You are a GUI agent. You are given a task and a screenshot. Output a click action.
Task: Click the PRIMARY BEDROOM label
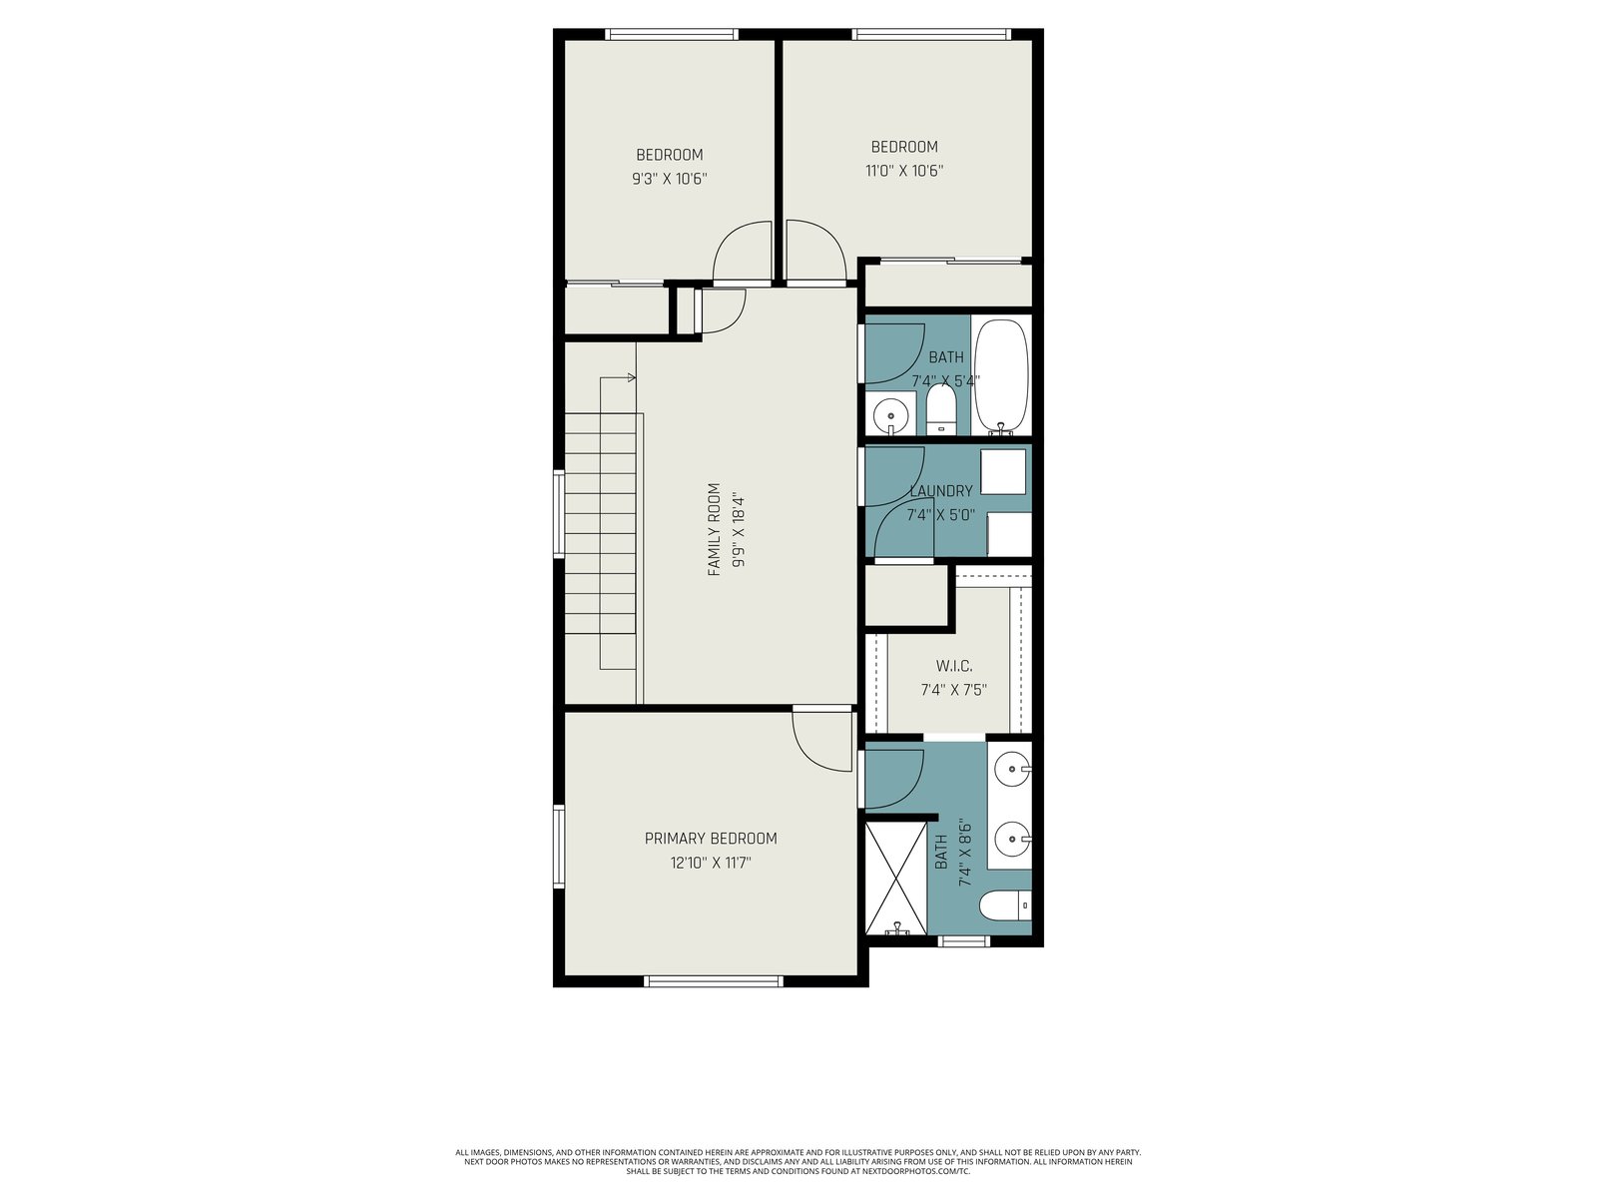click(x=710, y=839)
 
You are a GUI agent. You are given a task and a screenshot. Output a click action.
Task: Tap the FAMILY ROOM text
click(x=714, y=529)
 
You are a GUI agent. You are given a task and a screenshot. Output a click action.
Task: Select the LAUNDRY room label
click(x=941, y=491)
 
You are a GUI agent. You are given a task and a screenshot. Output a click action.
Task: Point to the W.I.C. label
click(x=954, y=666)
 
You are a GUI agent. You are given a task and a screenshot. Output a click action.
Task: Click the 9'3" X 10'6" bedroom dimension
click(x=670, y=179)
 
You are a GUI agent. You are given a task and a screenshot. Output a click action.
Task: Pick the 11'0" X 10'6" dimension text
click(x=904, y=171)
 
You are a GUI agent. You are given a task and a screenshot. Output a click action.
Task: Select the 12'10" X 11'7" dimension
click(x=710, y=864)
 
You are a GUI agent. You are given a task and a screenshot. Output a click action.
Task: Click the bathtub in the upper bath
click(x=1001, y=376)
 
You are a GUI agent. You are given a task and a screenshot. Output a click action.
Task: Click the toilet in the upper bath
click(x=941, y=410)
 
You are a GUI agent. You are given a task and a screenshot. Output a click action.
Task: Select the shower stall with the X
click(x=895, y=878)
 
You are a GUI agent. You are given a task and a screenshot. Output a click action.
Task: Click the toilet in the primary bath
click(x=1005, y=906)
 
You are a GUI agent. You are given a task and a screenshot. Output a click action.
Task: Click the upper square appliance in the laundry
click(x=1002, y=472)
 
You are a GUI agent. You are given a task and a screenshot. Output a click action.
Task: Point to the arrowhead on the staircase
click(x=632, y=377)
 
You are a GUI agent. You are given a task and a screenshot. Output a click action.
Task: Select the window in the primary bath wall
click(x=964, y=940)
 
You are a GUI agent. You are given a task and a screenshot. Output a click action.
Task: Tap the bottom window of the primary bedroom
click(x=714, y=981)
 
